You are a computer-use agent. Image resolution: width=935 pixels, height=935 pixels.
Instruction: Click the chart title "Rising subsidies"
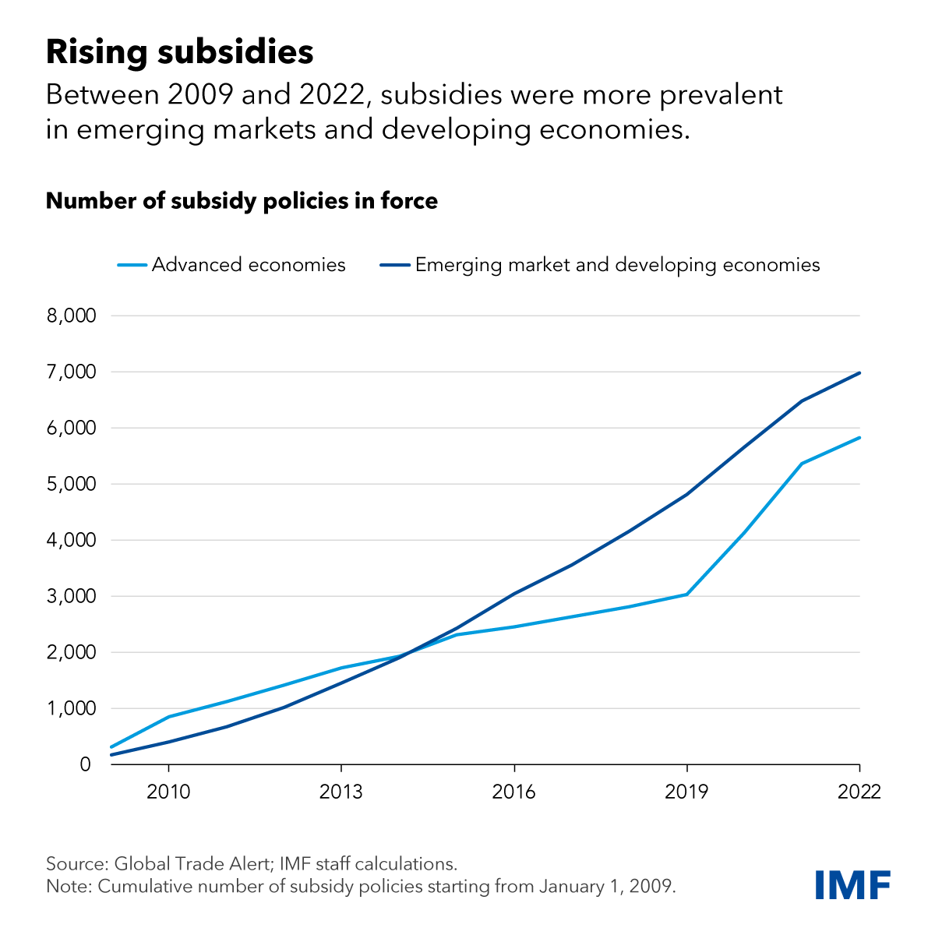180,52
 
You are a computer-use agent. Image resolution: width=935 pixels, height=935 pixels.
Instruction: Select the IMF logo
852,884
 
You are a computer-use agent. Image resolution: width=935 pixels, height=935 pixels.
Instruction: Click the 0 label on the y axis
85,764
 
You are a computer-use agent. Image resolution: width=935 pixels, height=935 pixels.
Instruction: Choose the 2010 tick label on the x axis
168,792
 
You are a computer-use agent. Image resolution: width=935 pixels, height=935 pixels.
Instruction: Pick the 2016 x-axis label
514,792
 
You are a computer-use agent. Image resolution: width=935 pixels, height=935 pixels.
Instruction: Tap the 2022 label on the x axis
859,792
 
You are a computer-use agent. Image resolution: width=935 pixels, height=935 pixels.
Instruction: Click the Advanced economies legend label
249,265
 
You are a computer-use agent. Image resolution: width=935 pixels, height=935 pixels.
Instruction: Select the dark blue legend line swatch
395,265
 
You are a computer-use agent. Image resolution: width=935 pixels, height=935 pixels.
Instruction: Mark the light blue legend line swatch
132,265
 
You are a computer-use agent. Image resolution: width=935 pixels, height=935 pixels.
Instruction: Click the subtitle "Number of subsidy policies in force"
242,201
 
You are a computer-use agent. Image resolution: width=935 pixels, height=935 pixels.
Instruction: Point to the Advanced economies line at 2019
686,595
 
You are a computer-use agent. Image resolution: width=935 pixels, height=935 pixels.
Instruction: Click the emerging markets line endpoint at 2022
859,372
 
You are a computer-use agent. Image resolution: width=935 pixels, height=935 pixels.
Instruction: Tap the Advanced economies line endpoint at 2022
859,437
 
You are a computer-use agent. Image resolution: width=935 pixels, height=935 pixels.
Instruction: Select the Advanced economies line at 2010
169,717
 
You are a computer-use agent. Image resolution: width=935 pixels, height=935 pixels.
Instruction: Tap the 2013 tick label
341,792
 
